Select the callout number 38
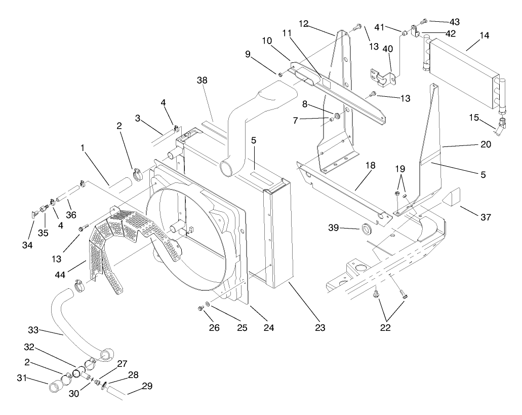click(x=203, y=80)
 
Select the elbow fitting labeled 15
click(x=502, y=125)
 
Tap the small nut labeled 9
click(x=279, y=75)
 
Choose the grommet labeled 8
click(x=338, y=117)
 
